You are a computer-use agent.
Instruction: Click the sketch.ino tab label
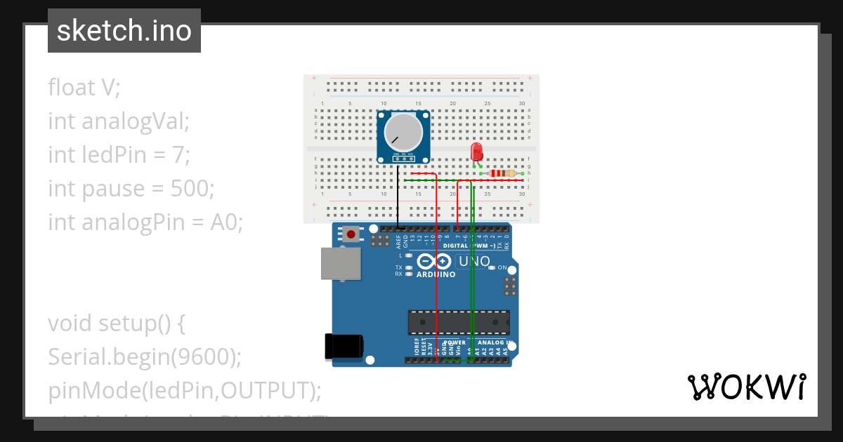pyautogui.click(x=124, y=31)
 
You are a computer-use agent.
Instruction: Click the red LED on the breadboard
pyautogui.click(x=476, y=151)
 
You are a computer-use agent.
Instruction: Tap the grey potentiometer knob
pyautogui.click(x=403, y=132)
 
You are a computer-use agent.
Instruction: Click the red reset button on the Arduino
pyautogui.click(x=350, y=234)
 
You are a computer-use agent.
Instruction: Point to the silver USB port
pyautogui.click(x=341, y=264)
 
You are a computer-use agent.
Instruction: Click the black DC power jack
pyautogui.click(x=344, y=347)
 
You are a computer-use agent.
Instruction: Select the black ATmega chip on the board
pyautogui.click(x=459, y=322)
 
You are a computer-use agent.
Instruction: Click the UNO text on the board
pyautogui.click(x=473, y=262)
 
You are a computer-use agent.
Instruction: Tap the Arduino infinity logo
pyautogui.click(x=435, y=262)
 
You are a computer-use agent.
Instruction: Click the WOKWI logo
pyautogui.click(x=746, y=387)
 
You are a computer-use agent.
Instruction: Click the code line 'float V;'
pyautogui.click(x=84, y=88)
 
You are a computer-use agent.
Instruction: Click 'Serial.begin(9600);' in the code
pyautogui.click(x=145, y=357)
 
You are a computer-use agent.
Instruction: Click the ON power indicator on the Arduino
pyautogui.click(x=502, y=268)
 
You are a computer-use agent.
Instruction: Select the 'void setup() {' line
pyautogui.click(x=116, y=323)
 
